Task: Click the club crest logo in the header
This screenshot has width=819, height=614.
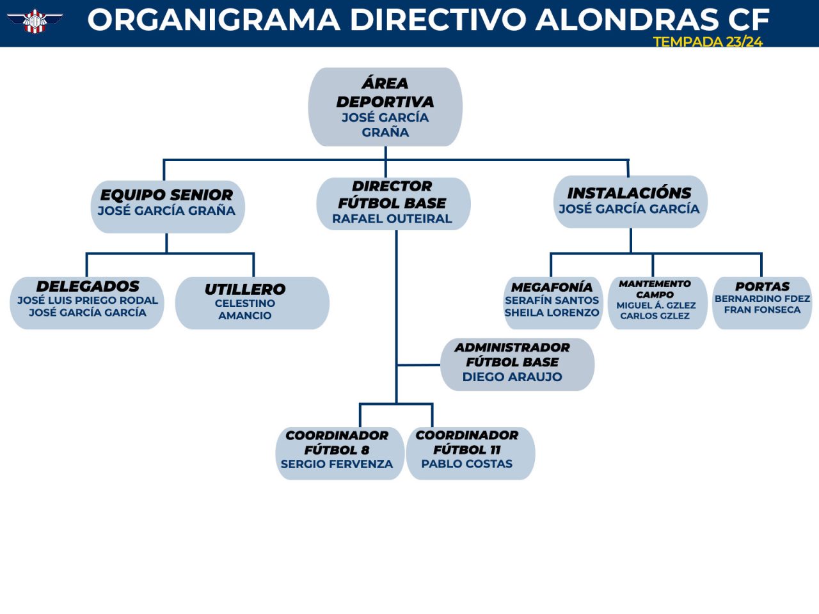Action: (35, 21)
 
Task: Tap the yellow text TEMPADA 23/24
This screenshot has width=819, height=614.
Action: (708, 42)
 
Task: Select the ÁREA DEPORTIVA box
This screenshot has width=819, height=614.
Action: (385, 107)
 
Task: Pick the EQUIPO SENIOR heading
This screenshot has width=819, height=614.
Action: (166, 195)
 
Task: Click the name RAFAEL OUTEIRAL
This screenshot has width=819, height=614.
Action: (392, 219)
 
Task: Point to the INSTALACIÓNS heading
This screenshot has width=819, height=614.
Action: (630, 193)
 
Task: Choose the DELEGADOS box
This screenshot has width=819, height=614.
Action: (87, 303)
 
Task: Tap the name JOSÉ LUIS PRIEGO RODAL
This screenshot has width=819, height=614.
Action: (88, 300)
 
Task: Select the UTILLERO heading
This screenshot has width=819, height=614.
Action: (245, 289)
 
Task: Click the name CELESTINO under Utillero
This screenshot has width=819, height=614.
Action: (245, 303)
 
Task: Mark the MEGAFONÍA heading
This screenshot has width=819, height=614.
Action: (552, 287)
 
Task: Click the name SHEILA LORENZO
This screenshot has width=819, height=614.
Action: (552, 312)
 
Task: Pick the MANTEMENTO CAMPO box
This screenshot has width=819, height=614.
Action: (657, 303)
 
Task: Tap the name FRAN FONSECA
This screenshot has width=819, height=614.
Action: (762, 310)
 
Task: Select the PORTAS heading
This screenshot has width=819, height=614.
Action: (762, 287)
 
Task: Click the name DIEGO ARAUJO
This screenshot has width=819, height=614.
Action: (513, 377)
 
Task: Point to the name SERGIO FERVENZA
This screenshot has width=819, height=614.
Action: (337, 464)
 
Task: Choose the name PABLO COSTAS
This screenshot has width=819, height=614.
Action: (467, 464)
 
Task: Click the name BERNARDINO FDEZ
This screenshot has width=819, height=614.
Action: (762, 299)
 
